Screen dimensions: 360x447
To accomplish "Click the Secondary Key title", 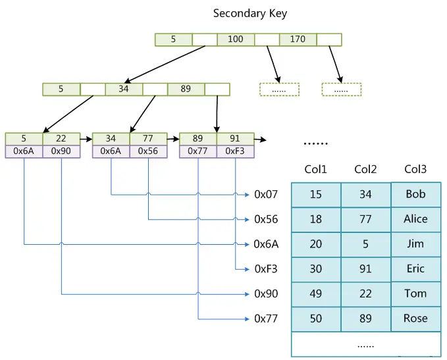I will [x=250, y=13].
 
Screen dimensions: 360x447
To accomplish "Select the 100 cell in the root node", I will [x=236, y=39].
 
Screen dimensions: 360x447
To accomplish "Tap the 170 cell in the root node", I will [x=298, y=39].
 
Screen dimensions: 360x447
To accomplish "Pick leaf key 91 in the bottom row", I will [x=235, y=139].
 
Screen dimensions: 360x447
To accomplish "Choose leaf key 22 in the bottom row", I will [x=61, y=139].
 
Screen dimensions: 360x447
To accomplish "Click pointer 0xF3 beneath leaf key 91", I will [x=235, y=151].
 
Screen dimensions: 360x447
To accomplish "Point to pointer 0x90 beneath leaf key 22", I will [x=61, y=151].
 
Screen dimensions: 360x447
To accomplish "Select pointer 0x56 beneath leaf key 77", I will [x=148, y=151].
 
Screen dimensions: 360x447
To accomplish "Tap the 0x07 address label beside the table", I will [x=267, y=195].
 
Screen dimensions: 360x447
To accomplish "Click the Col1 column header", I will [x=316, y=170].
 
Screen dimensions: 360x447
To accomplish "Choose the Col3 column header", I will [x=415, y=170].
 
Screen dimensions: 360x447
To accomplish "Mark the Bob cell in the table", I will [x=415, y=195].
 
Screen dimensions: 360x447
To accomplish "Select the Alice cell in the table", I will [x=415, y=219].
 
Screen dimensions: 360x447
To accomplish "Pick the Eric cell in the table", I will [x=415, y=269].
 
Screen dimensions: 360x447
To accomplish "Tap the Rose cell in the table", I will [x=415, y=319].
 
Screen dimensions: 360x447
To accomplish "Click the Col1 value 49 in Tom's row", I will [x=316, y=294].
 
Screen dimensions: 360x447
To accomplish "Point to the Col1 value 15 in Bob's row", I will [x=316, y=195].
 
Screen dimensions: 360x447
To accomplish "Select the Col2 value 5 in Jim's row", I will [x=365, y=244].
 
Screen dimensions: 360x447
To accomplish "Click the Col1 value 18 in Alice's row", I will [x=316, y=219].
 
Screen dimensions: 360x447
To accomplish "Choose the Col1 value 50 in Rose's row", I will [x=316, y=319].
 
